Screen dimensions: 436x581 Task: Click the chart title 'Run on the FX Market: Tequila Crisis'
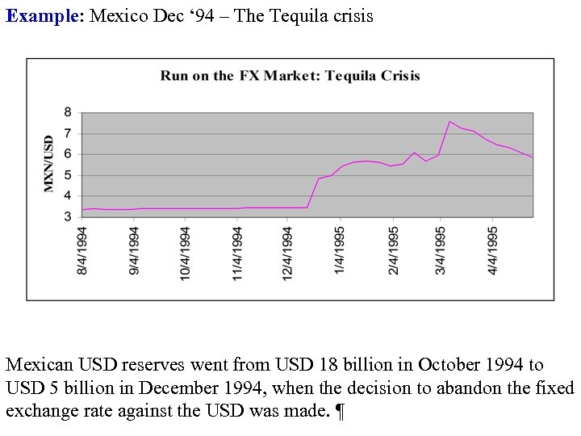(x=290, y=76)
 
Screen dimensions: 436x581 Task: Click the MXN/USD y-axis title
(x=49, y=164)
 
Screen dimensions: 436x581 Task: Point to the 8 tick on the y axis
(x=67, y=112)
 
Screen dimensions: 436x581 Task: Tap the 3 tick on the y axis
(x=67, y=216)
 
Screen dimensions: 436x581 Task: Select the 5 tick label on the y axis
(x=67, y=174)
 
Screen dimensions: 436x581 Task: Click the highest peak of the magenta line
(x=449, y=122)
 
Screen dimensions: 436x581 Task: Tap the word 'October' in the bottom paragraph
(x=450, y=366)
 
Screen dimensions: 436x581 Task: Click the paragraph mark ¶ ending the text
(x=340, y=412)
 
